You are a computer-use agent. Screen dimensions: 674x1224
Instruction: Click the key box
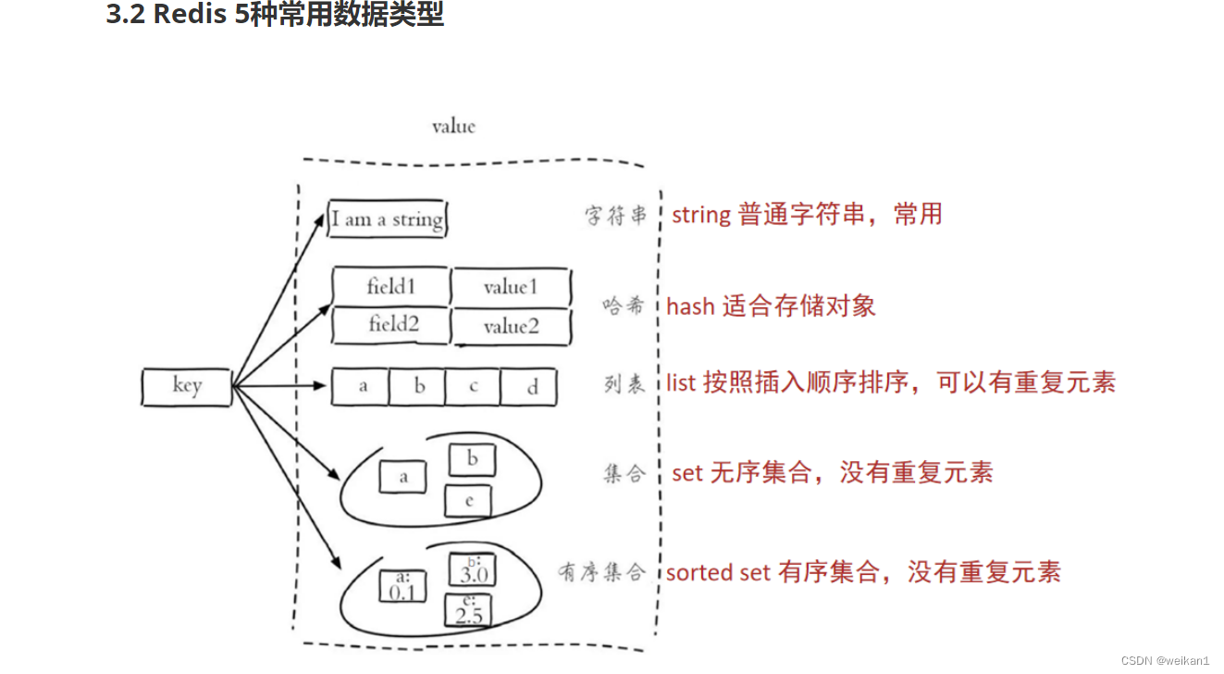(x=186, y=386)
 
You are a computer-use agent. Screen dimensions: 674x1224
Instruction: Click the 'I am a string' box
(x=388, y=219)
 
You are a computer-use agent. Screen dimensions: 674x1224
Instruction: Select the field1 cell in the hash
(x=390, y=287)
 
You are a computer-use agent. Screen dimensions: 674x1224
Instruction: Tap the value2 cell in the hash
(x=511, y=327)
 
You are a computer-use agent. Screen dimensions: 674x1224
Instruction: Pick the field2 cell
(x=390, y=325)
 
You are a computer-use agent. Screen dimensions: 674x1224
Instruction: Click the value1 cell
(x=511, y=287)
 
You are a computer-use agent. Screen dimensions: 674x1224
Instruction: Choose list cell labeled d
(x=530, y=387)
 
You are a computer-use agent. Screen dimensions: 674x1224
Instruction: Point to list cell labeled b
(x=417, y=387)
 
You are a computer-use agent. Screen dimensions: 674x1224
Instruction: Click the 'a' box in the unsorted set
(x=402, y=477)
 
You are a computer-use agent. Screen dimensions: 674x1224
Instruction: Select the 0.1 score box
(x=402, y=586)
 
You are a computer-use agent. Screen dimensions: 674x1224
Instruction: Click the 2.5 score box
(x=468, y=610)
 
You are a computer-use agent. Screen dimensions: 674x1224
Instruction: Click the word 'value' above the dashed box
(x=453, y=126)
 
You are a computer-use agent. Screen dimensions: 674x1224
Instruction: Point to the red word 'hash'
(x=690, y=306)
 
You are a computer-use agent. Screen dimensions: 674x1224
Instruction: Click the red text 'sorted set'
(x=718, y=572)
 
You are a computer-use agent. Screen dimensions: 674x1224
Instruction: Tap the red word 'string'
(x=701, y=215)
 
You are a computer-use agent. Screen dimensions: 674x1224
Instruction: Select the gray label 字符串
(x=615, y=216)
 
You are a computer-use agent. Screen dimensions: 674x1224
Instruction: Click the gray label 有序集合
(x=601, y=572)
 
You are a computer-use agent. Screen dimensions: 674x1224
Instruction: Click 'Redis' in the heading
(x=191, y=16)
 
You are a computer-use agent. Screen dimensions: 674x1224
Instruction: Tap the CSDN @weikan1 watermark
(x=1164, y=660)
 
